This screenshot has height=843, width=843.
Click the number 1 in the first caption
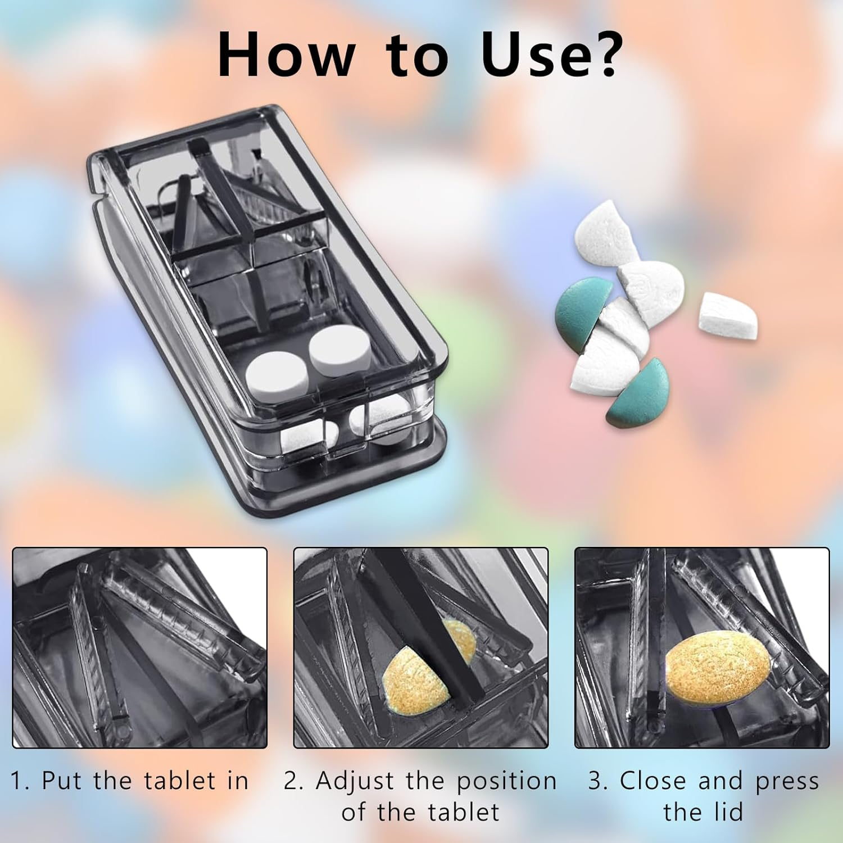17,781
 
